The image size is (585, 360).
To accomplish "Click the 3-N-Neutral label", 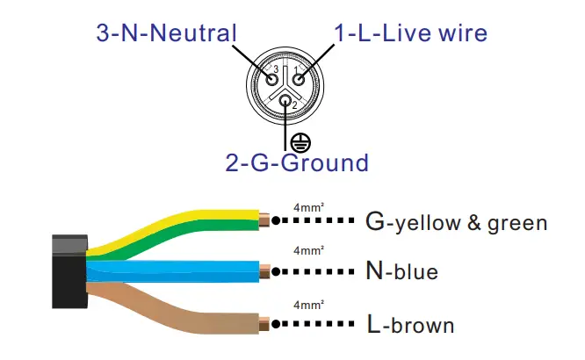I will coord(166,34).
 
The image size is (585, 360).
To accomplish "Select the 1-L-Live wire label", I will coord(410,34).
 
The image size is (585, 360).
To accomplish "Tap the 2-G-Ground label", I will coord(296,163).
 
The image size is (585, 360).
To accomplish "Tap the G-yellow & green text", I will coord(456,222).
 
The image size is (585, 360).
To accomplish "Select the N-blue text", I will coord(401,272).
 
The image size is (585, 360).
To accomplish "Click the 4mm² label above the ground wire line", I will coord(308,206).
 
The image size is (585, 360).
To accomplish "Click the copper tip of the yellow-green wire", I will coord(264,220).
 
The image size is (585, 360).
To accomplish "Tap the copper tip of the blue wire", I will coord(265,270).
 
